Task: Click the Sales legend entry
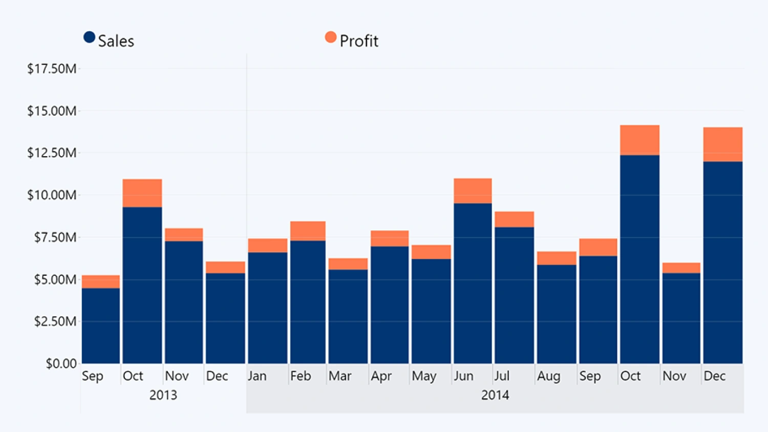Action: pyautogui.click(x=109, y=40)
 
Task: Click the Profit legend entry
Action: pyautogui.click(x=352, y=40)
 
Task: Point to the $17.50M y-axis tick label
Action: pyautogui.click(x=52, y=69)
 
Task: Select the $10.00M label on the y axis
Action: pyautogui.click(x=52, y=195)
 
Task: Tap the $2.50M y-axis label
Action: pyautogui.click(x=55, y=321)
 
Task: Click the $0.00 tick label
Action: pyautogui.click(x=61, y=363)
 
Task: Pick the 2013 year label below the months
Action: pyautogui.click(x=163, y=395)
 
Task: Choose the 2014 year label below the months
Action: pyautogui.click(x=495, y=395)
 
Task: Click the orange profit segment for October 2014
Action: pyautogui.click(x=639, y=140)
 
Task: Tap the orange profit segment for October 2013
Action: pyautogui.click(x=142, y=193)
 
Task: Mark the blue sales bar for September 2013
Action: pyautogui.click(x=101, y=326)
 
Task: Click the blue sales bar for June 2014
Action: pyautogui.click(x=473, y=283)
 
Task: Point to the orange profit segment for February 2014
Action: pyautogui.click(x=308, y=231)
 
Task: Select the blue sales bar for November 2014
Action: pyautogui.click(x=681, y=318)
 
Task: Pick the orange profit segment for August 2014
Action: pyautogui.click(x=557, y=258)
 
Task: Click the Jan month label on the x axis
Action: pyautogui.click(x=257, y=376)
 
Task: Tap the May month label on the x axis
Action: pyautogui.click(x=424, y=376)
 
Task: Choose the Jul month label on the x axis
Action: pyautogui.click(x=502, y=376)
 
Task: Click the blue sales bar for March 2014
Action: pyautogui.click(x=348, y=316)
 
